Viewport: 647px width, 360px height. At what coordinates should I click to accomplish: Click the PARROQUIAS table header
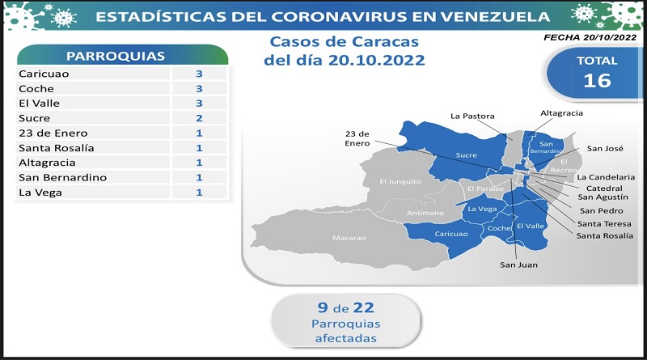[116, 56]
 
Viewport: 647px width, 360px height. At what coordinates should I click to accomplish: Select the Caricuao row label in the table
[44, 74]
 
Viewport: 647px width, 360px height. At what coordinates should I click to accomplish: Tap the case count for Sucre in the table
[199, 118]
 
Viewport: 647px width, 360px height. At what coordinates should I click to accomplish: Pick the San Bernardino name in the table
[63, 177]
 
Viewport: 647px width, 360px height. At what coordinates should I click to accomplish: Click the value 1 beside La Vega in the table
[199, 193]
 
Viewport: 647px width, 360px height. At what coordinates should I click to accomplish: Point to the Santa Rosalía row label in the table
[57, 148]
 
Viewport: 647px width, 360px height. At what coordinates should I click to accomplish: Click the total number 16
[597, 81]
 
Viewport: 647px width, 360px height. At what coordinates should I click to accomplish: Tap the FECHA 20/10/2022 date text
[590, 37]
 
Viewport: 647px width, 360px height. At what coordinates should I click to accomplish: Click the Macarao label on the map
[349, 238]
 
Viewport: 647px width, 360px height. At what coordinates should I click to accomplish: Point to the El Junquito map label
[400, 182]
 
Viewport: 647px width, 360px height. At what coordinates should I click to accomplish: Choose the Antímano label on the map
[425, 213]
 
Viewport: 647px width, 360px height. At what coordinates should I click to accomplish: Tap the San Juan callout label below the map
[518, 265]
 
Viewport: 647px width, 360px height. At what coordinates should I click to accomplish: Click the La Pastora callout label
[472, 116]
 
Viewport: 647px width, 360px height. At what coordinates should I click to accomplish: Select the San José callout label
[605, 148]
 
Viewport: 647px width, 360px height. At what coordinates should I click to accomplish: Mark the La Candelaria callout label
[606, 177]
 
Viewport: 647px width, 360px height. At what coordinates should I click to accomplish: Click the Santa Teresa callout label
[604, 224]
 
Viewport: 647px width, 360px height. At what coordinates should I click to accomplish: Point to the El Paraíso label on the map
[485, 188]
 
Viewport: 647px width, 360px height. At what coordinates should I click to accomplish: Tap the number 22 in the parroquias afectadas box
[363, 307]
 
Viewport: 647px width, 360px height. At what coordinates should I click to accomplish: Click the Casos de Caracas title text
[345, 42]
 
